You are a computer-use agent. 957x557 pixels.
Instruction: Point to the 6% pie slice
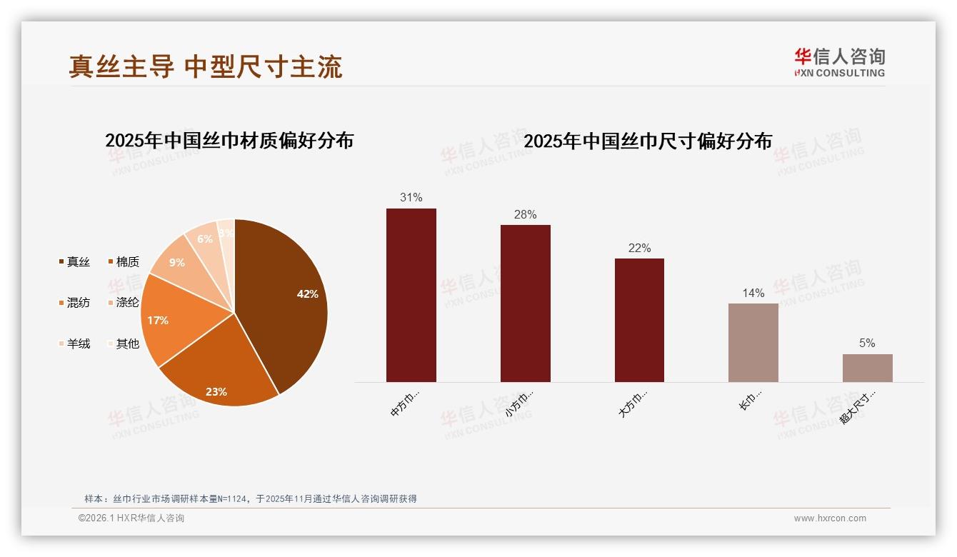point(205,239)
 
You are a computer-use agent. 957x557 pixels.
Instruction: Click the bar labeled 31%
point(411,295)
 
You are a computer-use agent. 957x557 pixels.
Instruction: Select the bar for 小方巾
point(526,303)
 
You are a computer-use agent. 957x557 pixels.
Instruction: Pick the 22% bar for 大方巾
point(639,320)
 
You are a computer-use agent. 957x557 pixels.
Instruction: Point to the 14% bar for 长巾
point(753,343)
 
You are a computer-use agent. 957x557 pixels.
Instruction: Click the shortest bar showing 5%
point(867,368)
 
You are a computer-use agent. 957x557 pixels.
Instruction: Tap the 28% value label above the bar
point(526,215)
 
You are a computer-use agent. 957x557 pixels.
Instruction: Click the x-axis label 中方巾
point(404,403)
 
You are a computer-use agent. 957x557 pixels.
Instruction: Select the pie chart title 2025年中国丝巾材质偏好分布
point(229,141)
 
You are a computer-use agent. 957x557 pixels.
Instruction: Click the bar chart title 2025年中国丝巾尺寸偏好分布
point(648,141)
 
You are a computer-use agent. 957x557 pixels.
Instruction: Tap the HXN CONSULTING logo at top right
point(840,63)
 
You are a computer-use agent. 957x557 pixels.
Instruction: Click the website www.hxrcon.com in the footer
point(830,518)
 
